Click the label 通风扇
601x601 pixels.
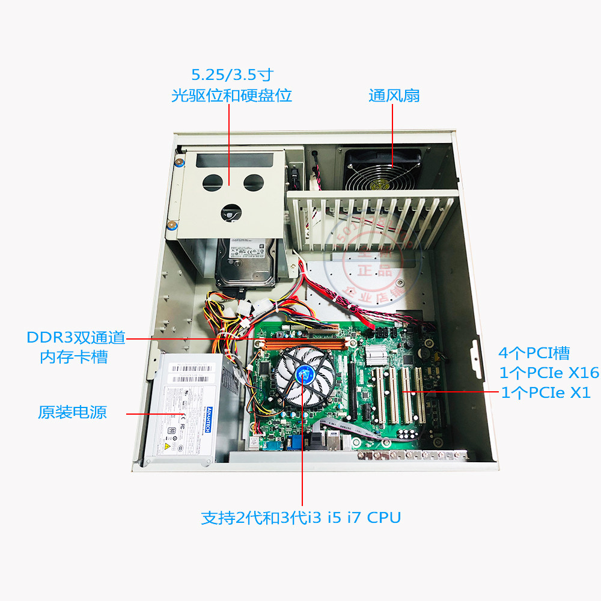(394, 96)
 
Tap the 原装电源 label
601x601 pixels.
(72, 413)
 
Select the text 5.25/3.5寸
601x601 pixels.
(232, 75)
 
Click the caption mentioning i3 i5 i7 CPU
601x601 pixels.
(300, 517)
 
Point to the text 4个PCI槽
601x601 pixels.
(534, 353)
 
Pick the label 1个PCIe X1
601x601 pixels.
(546, 393)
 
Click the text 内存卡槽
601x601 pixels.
(74, 356)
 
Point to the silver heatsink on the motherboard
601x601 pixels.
(376, 356)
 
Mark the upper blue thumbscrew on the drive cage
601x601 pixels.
(178, 161)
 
